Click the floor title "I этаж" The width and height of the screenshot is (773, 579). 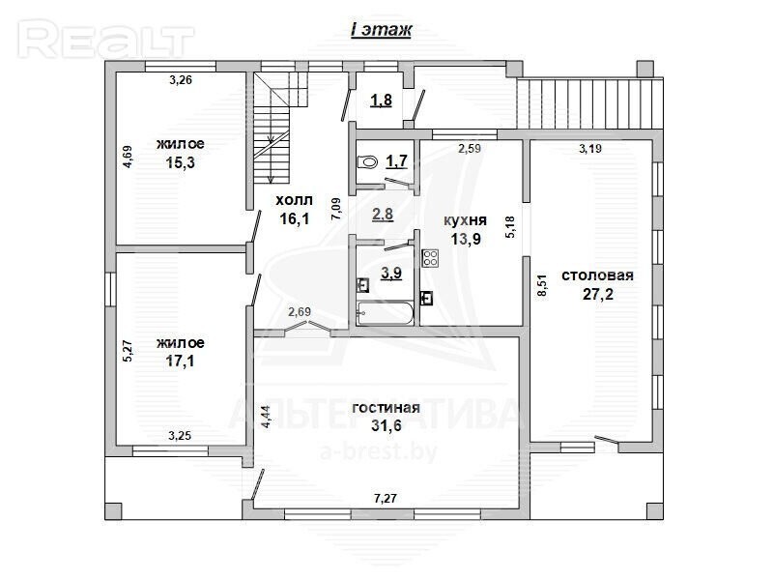click(x=380, y=30)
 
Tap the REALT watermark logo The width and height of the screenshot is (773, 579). click(x=105, y=40)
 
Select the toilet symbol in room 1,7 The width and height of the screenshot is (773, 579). click(x=367, y=161)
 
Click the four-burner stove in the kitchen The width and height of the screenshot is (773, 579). click(x=430, y=258)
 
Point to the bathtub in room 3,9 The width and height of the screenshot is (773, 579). click(x=385, y=313)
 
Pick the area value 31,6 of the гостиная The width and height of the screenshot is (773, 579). click(x=386, y=425)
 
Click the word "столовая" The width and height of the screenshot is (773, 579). click(x=597, y=275)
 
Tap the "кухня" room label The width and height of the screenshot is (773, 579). click(x=466, y=220)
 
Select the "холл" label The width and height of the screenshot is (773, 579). click(x=294, y=200)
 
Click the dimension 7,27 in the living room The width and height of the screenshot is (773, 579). click(x=386, y=499)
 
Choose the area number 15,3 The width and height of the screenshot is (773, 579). click(x=180, y=162)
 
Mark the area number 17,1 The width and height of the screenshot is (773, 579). click(x=180, y=361)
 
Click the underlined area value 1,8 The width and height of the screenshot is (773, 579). click(x=381, y=101)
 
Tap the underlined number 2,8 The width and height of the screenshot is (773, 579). click(x=383, y=215)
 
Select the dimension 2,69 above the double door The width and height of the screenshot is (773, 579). click(x=300, y=311)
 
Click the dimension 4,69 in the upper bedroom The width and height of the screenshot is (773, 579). click(x=128, y=157)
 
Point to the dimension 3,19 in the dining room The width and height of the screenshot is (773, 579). click(x=590, y=149)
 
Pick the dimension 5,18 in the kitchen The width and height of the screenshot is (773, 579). click(x=510, y=227)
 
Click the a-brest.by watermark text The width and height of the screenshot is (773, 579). click(x=379, y=450)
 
